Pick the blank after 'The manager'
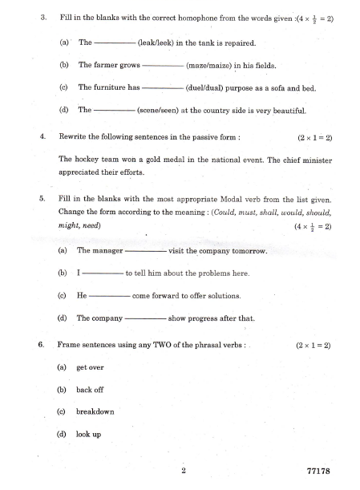tap(146, 252)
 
